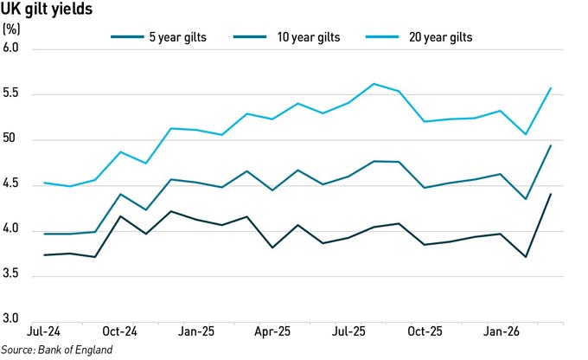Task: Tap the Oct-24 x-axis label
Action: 119,331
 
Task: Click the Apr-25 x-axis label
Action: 272,331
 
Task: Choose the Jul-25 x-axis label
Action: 348,331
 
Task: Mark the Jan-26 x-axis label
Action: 500,331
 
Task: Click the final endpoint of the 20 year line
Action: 551,88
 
